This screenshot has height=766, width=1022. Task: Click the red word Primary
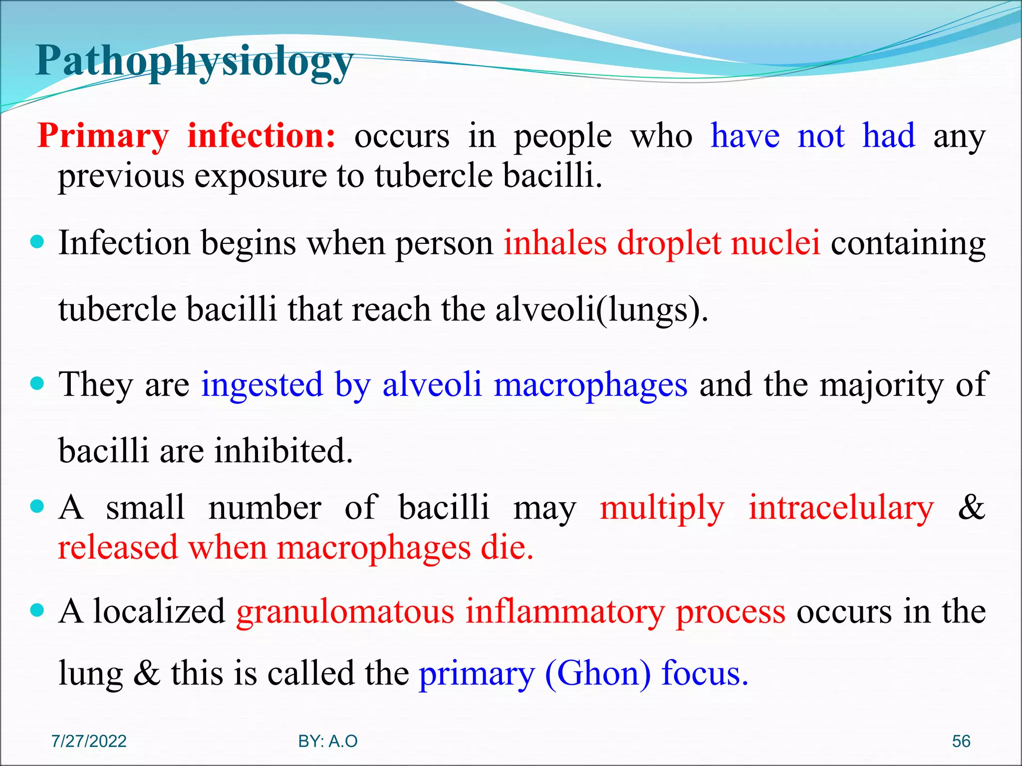[x=103, y=137]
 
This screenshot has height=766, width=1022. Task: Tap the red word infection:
[x=261, y=136]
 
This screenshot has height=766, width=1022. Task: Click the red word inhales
[x=555, y=243]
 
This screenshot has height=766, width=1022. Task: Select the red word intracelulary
[x=841, y=509]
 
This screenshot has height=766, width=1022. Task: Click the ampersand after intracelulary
[x=971, y=508]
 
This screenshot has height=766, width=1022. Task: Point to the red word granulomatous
[x=345, y=612]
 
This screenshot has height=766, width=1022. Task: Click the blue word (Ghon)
[x=598, y=674]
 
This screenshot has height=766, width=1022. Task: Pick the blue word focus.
[x=705, y=673]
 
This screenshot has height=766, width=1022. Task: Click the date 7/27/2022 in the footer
[x=89, y=741]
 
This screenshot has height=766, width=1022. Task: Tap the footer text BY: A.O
[x=328, y=741]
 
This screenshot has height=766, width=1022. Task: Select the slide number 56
[x=961, y=741]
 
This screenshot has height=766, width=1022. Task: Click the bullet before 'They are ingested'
[x=37, y=384]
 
